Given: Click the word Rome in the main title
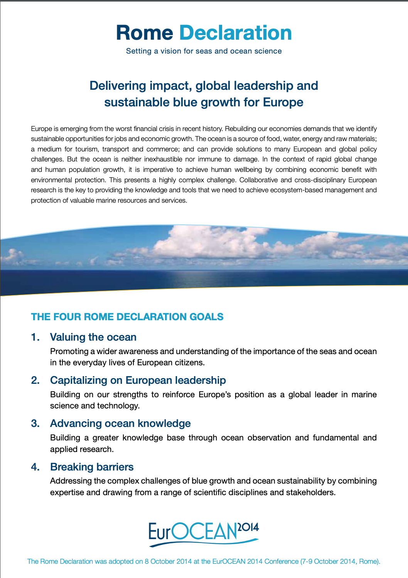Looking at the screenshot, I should click(x=145, y=33).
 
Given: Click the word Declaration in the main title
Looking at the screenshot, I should click(x=236, y=33).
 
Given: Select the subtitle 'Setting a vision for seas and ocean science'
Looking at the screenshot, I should click(x=204, y=51).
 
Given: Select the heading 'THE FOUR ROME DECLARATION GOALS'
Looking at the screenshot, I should click(x=127, y=317).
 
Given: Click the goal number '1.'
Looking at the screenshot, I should click(x=35, y=337).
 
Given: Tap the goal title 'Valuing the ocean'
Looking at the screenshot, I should click(x=93, y=337).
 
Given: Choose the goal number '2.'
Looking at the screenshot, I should click(x=35, y=380).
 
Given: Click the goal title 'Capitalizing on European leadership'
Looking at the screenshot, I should click(x=138, y=380).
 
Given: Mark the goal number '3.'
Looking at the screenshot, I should click(x=35, y=423).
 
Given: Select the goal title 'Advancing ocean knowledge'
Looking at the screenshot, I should click(x=120, y=423).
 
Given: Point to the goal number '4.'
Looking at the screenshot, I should click(x=35, y=467).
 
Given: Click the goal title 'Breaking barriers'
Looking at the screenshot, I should click(x=92, y=467).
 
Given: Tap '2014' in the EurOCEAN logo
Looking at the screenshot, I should click(x=248, y=527).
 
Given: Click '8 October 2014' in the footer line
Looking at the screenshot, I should click(x=168, y=561).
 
